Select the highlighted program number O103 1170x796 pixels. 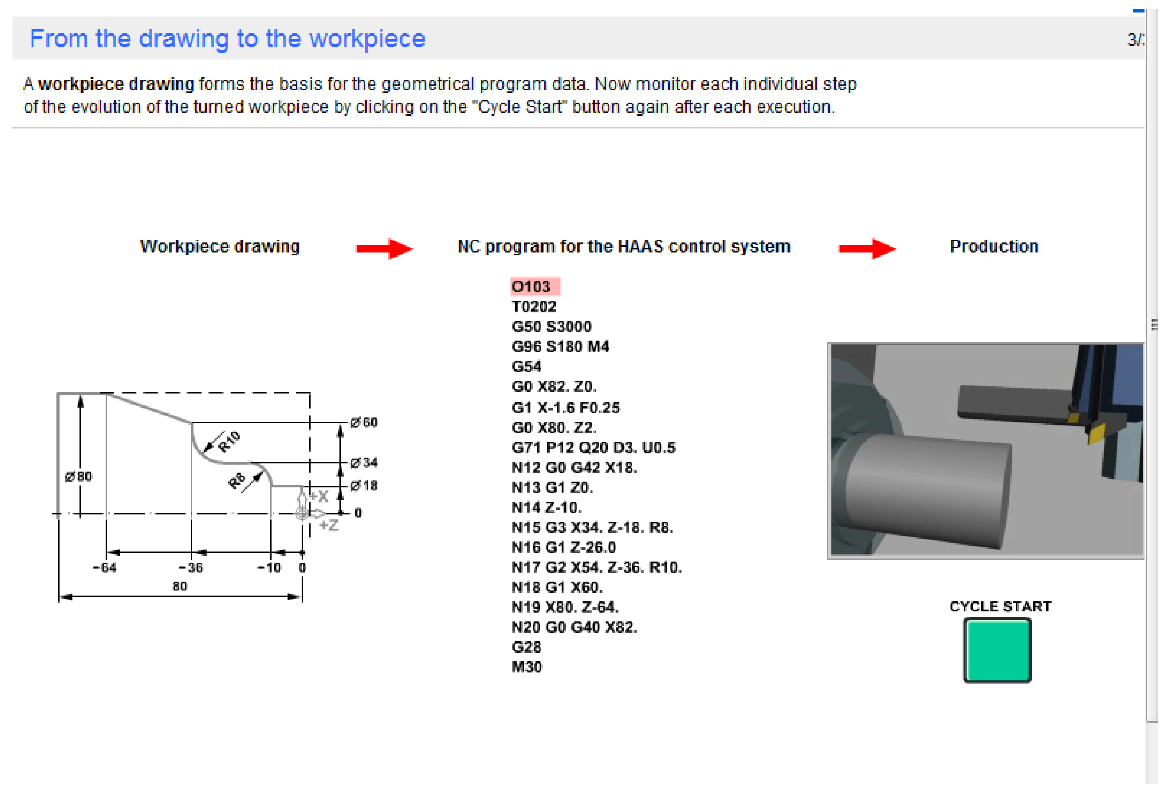coord(535,286)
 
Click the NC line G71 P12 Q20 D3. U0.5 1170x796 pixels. coord(593,447)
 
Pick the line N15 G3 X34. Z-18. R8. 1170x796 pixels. coord(592,527)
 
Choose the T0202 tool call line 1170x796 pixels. coord(534,306)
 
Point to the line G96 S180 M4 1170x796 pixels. coord(560,346)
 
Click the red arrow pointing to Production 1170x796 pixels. coord(867,248)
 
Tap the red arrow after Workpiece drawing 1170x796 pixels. coord(384,248)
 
